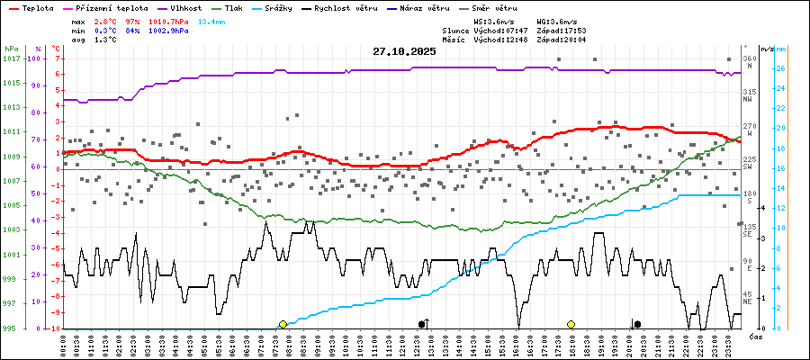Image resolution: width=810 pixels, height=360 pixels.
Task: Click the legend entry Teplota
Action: pos(37,7)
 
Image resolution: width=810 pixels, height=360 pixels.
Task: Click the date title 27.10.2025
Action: pos(404,51)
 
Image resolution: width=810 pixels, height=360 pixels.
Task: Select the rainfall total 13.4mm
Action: pos(212,20)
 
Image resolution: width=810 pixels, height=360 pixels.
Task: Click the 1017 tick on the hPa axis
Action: pos(11,58)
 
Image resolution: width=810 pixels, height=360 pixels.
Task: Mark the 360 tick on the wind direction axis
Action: pos(749,58)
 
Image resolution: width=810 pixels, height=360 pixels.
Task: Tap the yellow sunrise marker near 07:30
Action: pos(283,324)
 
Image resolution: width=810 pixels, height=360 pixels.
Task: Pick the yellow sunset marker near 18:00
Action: pos(571,324)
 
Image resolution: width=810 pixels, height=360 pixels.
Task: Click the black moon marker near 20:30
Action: pos(637,324)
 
